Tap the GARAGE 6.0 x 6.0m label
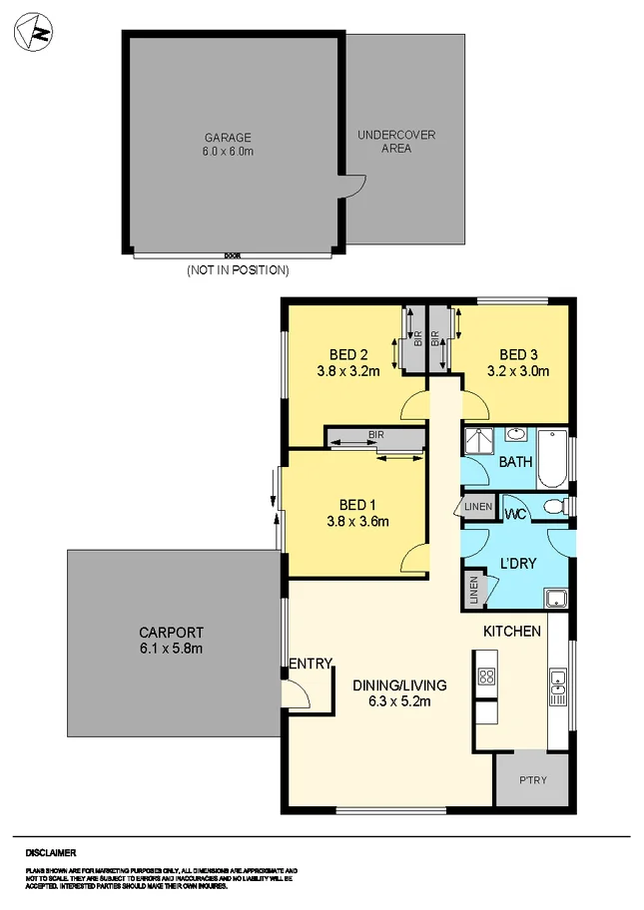pyautogui.click(x=229, y=145)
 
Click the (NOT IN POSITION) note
pyautogui.click(x=238, y=270)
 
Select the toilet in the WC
pyautogui.click(x=549, y=508)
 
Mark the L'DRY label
pyautogui.click(x=518, y=564)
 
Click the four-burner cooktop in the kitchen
pyautogui.click(x=486, y=677)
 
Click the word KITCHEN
pyautogui.click(x=512, y=631)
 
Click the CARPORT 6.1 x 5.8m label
pyautogui.click(x=171, y=640)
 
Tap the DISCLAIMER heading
pyautogui.click(x=51, y=854)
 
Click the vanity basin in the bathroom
pyautogui.click(x=516, y=435)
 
